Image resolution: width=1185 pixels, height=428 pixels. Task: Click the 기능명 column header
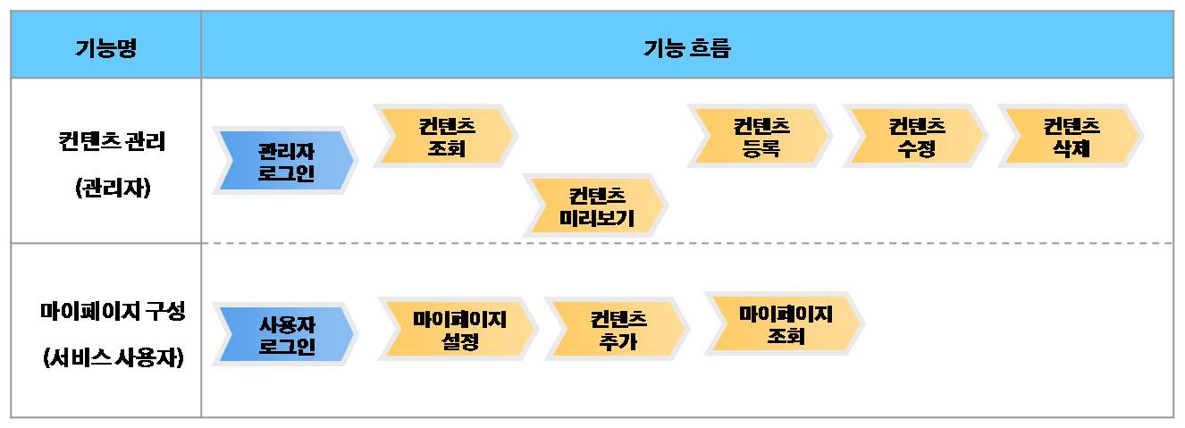(x=105, y=47)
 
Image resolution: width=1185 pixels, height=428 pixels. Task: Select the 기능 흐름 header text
(x=686, y=47)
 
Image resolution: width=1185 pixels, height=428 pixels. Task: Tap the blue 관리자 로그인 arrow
(x=285, y=161)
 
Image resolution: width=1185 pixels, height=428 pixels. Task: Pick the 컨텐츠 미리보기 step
(x=596, y=206)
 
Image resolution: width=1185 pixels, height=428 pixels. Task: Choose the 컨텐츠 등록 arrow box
(x=760, y=137)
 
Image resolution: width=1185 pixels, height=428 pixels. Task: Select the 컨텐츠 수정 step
(x=916, y=137)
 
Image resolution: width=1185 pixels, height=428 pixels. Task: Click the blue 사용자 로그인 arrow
(x=285, y=333)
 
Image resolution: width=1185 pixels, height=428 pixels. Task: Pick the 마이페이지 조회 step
(x=785, y=323)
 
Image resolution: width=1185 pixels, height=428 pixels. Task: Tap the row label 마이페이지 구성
(x=113, y=312)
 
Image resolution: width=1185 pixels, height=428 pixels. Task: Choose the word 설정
(x=459, y=341)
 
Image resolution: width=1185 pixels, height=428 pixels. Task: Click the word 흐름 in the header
(x=710, y=47)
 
